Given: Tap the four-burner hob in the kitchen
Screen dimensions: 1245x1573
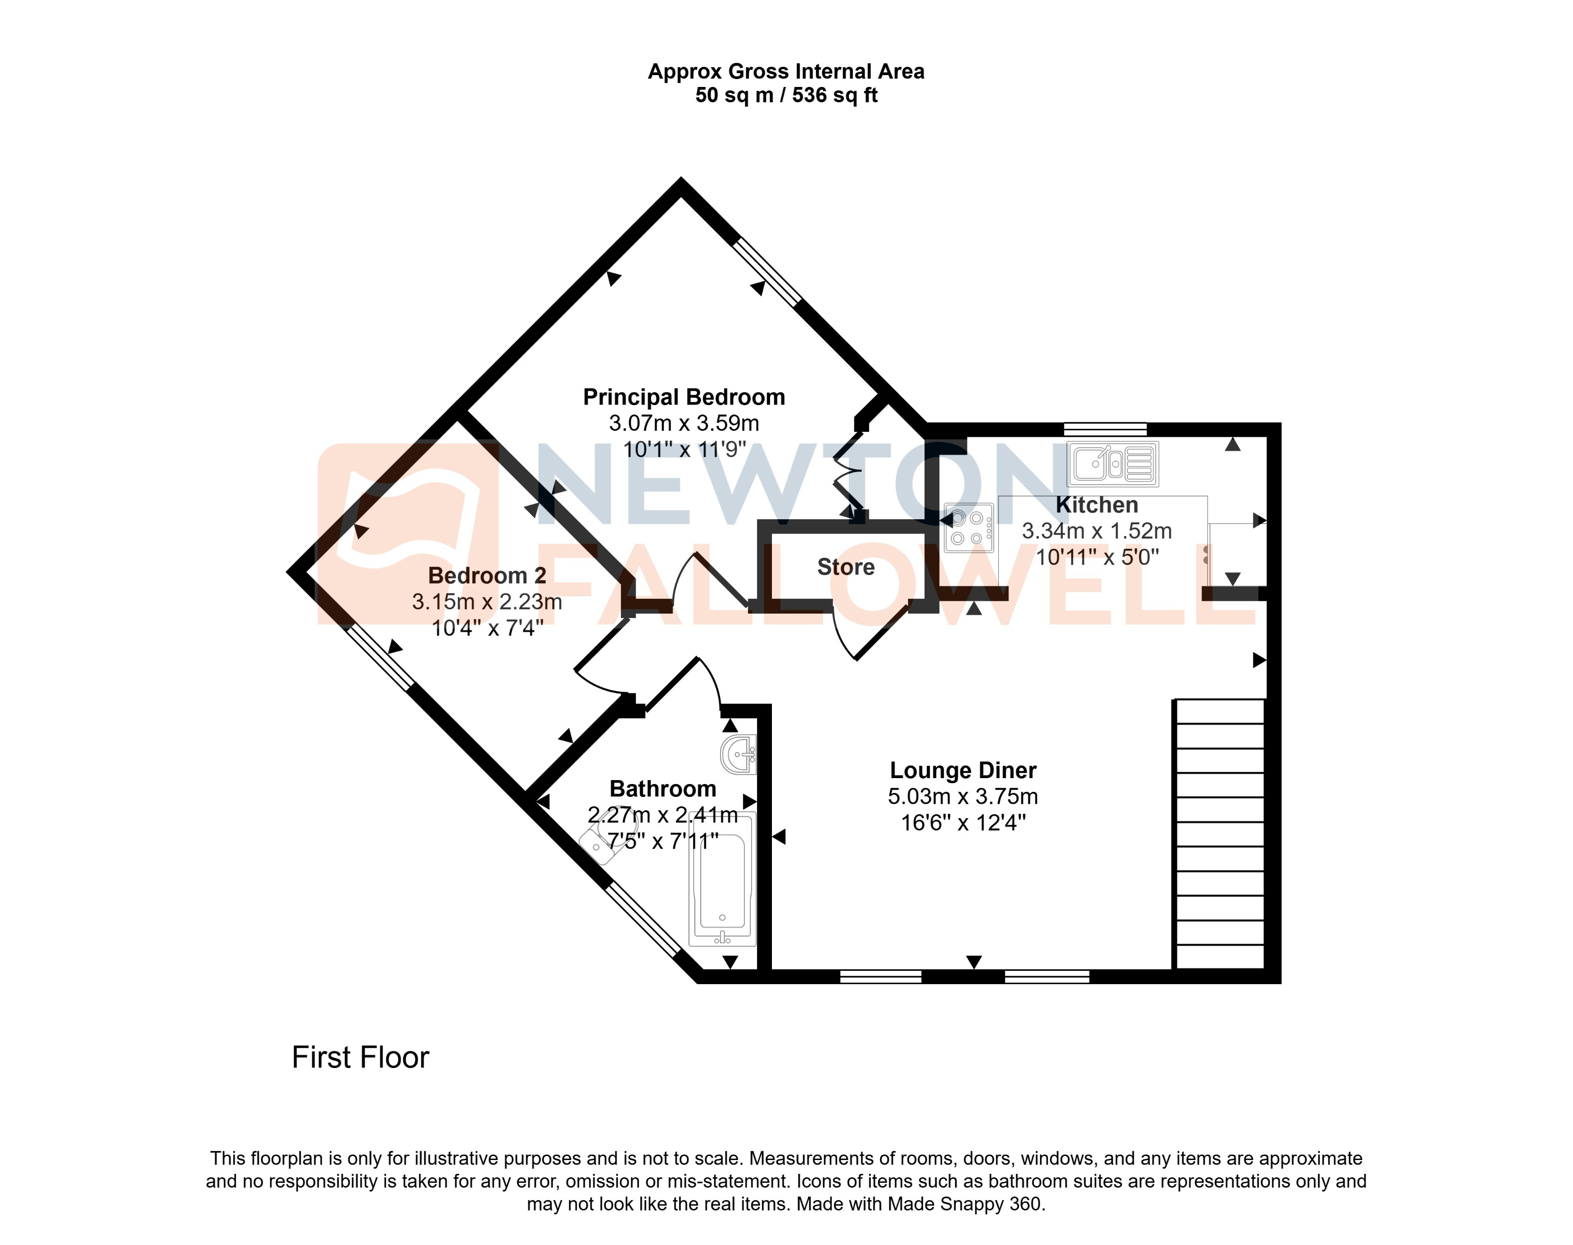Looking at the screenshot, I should coord(968,527).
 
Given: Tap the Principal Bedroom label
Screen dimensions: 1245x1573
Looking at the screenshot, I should coord(684,397).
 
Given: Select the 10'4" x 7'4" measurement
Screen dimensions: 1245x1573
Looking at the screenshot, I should coord(486,627).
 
